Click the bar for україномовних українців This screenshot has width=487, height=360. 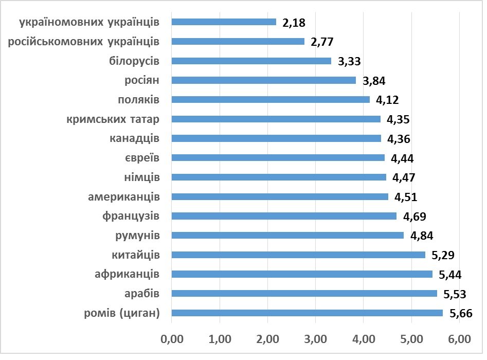click(224, 22)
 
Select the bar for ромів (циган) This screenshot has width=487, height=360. click(307, 313)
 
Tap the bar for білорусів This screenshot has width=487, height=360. click(251, 61)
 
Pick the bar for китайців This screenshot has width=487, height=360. click(298, 255)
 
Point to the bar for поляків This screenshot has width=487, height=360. click(270, 99)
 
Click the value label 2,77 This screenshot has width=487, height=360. click(322, 42)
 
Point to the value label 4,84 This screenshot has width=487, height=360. click(422, 236)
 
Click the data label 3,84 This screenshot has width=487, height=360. click(374, 81)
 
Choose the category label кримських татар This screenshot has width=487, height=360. click(113, 119)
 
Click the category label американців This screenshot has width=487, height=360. click(123, 196)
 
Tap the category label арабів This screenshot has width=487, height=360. click(141, 293)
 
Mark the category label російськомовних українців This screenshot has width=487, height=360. click(84, 41)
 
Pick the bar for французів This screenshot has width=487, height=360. click(284, 216)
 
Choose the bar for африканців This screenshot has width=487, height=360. click(302, 274)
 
